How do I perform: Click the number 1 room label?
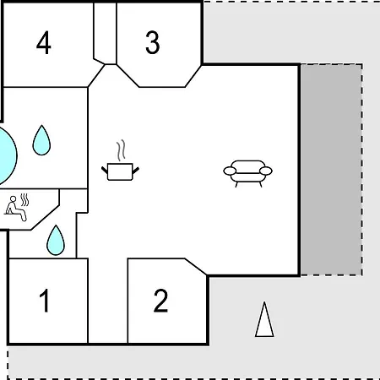(45, 301)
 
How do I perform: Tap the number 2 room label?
(160, 301)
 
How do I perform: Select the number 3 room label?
(153, 42)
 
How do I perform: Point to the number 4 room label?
(44, 42)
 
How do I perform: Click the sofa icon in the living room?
(247, 173)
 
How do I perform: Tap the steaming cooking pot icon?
(120, 160)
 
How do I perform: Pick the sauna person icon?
(16, 208)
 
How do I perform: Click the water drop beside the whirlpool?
(41, 140)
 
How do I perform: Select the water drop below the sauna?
(56, 240)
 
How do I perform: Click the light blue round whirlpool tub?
(7, 155)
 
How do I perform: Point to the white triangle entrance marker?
(264, 319)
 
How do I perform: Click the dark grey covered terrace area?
(331, 170)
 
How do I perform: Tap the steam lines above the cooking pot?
(121, 150)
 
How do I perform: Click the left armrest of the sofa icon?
(230, 171)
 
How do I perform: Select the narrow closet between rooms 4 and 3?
(105, 33)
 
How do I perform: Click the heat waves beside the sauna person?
(24, 199)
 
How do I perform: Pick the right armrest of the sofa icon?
(266, 171)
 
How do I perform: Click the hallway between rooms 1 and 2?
(108, 301)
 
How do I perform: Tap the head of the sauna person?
(13, 199)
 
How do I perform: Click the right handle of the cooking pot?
(136, 171)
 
